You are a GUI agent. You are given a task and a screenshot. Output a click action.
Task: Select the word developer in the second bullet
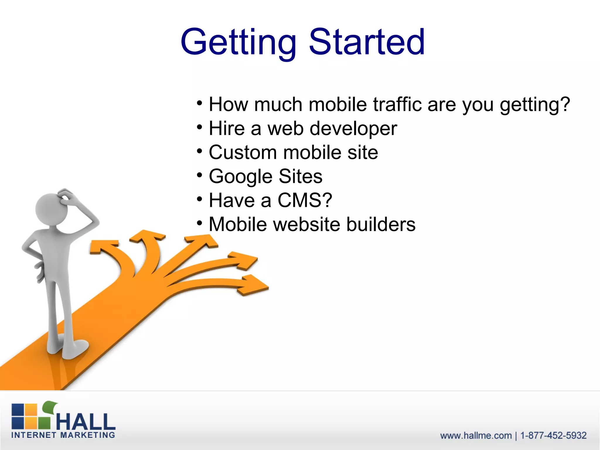[353, 129]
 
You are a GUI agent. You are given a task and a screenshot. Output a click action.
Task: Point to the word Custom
[243, 152]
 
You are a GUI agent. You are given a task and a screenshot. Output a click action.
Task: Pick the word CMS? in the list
[305, 200]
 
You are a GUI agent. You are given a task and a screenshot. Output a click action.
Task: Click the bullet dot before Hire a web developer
[200, 127]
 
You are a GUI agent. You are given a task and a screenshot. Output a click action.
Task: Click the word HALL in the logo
[86, 422]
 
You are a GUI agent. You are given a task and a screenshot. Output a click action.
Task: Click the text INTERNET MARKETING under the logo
[63, 435]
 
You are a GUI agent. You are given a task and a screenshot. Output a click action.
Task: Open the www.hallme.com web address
[476, 436]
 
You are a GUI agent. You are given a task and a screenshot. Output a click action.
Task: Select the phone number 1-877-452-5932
[553, 436]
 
